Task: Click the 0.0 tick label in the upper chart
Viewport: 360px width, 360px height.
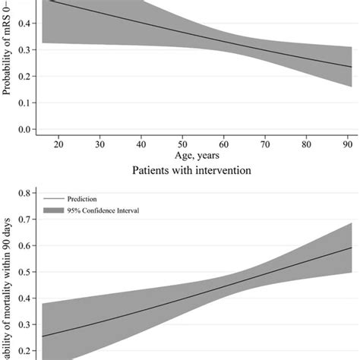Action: click(24, 130)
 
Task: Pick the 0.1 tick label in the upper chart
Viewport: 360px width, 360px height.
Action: click(24, 103)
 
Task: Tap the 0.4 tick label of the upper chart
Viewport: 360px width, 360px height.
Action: click(24, 24)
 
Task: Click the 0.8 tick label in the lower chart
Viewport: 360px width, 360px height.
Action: click(24, 194)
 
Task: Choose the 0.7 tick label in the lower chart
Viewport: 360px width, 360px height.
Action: click(24, 220)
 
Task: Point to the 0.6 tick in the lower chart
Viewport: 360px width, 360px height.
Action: click(24, 246)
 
